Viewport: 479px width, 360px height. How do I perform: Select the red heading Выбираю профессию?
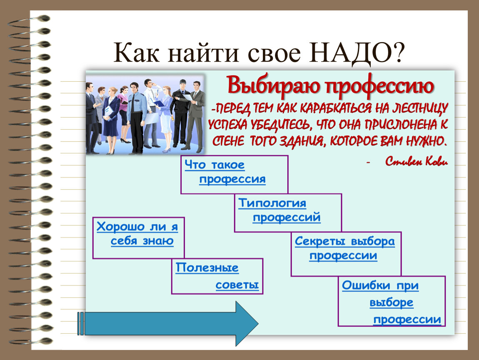pyautogui.click(x=330, y=86)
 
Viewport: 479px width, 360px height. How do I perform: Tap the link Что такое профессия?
pyautogui.click(x=225, y=172)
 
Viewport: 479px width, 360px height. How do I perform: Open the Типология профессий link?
pyautogui.click(x=279, y=210)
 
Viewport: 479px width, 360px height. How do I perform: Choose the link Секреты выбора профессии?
pyautogui.click(x=344, y=248)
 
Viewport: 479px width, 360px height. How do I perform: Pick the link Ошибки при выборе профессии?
pyautogui.click(x=392, y=302)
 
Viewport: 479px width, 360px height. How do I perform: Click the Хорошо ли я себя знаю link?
pyautogui.click(x=137, y=233)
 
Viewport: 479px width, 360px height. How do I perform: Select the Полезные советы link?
pyautogui.click(x=217, y=276)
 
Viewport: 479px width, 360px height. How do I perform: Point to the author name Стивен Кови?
pyautogui.click(x=417, y=161)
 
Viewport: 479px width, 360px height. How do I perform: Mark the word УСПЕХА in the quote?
pyautogui.click(x=227, y=125)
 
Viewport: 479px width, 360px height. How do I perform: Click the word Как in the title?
pyautogui.click(x=136, y=52)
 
